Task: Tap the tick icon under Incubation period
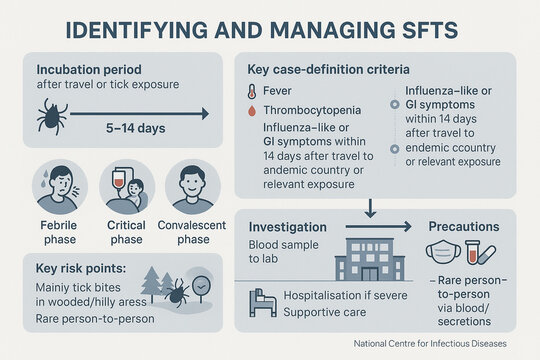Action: coord(53,117)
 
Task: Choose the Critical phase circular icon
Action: coord(126,186)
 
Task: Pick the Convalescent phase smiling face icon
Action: coord(191,186)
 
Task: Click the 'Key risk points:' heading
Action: coord(82,271)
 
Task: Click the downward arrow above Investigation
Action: coord(371,206)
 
